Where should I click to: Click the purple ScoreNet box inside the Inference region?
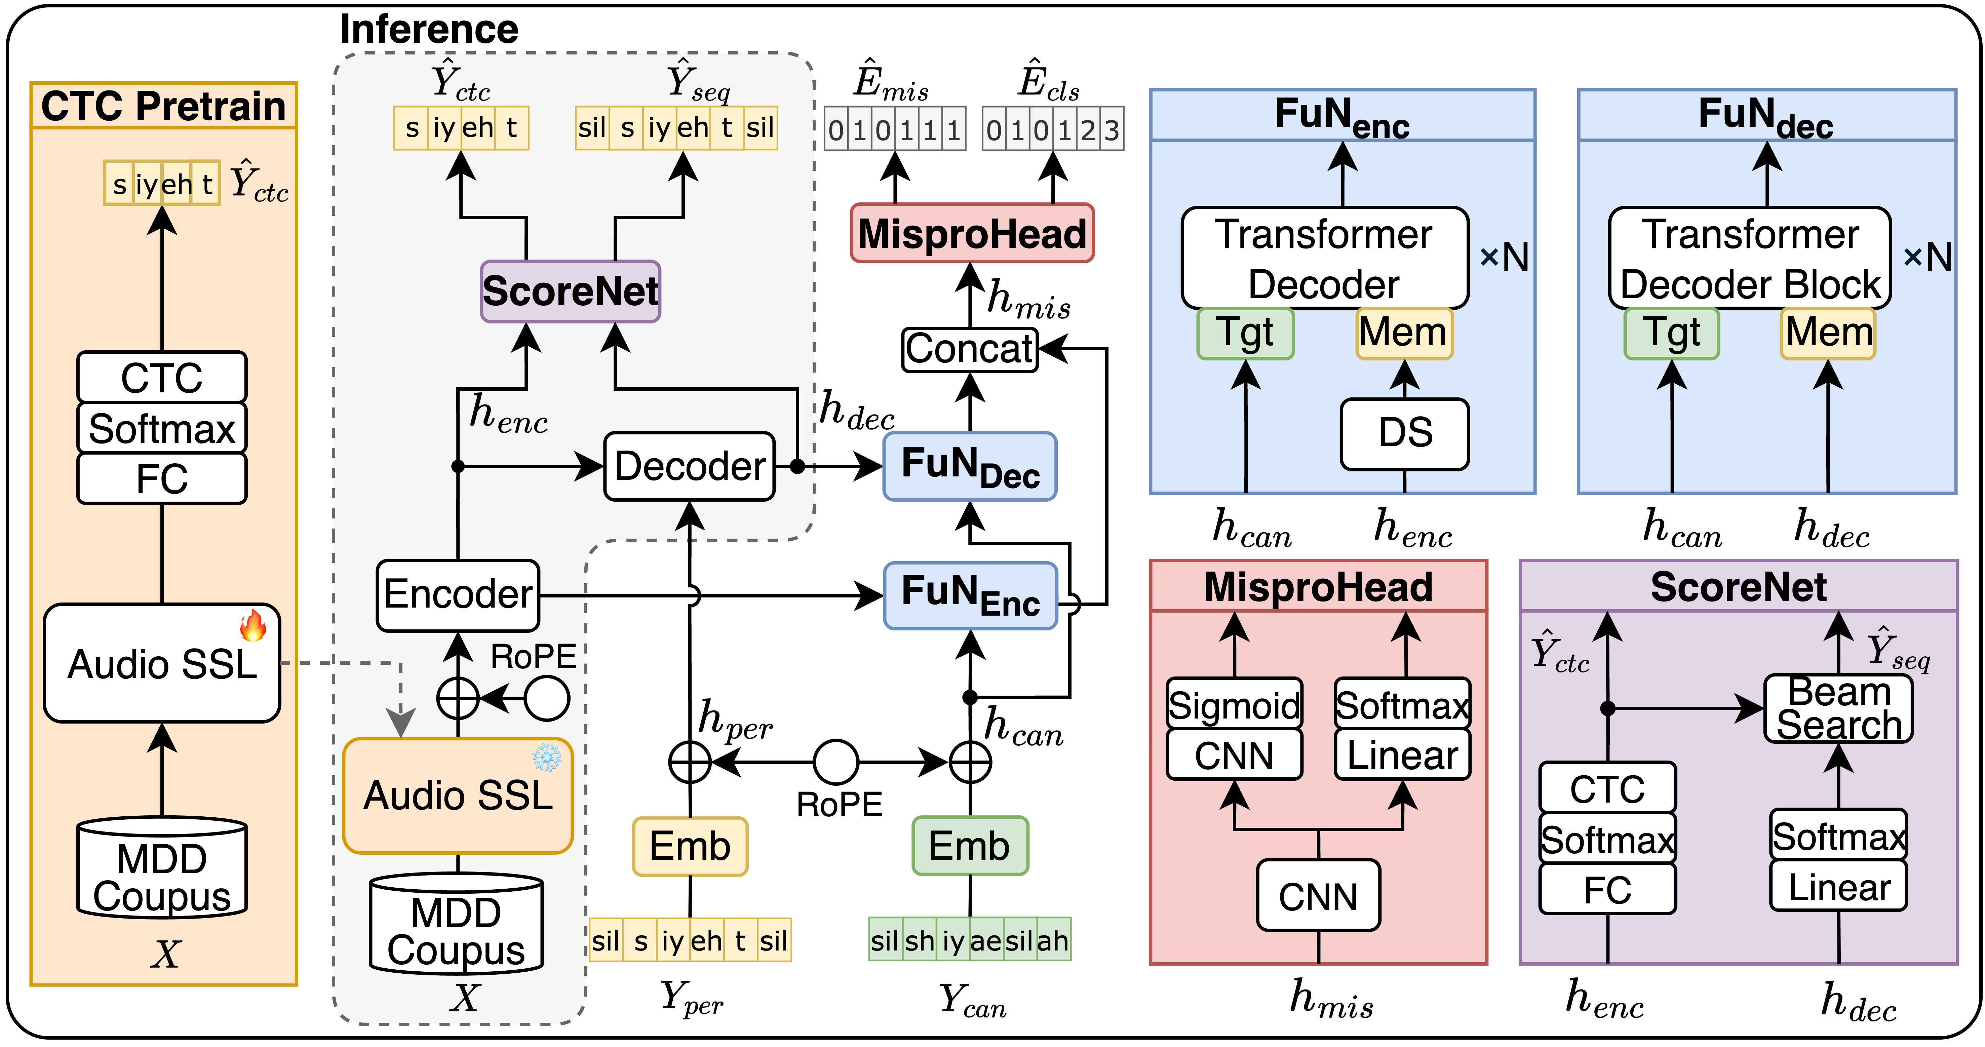pos(570,291)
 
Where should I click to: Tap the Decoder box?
pos(690,466)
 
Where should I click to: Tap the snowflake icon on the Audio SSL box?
pos(547,757)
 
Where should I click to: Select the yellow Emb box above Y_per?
pos(690,846)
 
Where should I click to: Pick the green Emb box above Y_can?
pos(969,846)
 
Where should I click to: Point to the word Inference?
pos(429,29)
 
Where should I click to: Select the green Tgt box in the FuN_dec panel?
pos(1671,333)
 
